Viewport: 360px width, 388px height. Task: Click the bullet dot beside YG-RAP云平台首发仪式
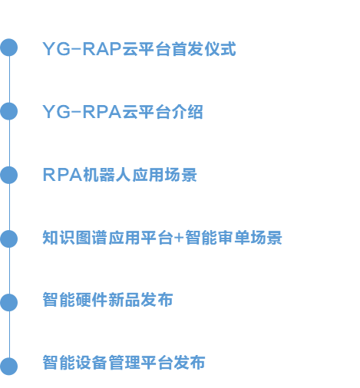pyautogui.click(x=9, y=48)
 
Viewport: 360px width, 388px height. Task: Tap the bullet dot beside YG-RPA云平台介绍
pyautogui.click(x=9, y=111)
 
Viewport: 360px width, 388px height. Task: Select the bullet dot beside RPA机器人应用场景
pyautogui.click(x=9, y=175)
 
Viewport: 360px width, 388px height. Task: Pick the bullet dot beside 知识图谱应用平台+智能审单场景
pyautogui.click(x=9, y=238)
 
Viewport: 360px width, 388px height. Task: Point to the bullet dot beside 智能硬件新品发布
pyautogui.click(x=9, y=303)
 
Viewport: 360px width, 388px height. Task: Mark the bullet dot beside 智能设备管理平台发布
pyautogui.click(x=9, y=367)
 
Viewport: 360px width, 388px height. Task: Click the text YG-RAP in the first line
pyautogui.click(x=82, y=48)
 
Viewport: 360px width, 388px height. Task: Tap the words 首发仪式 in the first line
pyautogui.click(x=203, y=48)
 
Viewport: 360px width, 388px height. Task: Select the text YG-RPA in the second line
pyautogui.click(x=82, y=112)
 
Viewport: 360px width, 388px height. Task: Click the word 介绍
pyautogui.click(x=187, y=112)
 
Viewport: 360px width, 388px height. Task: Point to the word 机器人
pyautogui.click(x=107, y=175)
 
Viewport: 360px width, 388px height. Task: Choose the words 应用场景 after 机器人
pyautogui.click(x=164, y=175)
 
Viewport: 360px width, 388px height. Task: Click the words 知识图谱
pyautogui.click(x=74, y=238)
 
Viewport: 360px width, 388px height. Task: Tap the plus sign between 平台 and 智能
pyautogui.click(x=179, y=238)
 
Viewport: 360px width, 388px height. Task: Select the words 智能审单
pyautogui.click(x=217, y=238)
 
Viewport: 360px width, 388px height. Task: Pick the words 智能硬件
pyautogui.click(x=74, y=300)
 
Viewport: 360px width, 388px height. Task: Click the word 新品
pyautogui.click(x=124, y=300)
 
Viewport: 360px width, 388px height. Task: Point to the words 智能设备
pyautogui.click(x=74, y=362)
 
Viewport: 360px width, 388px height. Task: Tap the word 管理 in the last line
pyautogui.click(x=124, y=362)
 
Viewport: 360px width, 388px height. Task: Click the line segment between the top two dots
pyautogui.click(x=9, y=79)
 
